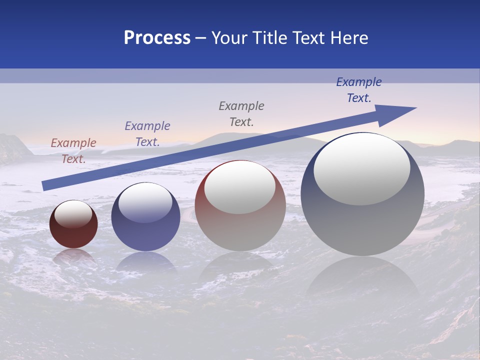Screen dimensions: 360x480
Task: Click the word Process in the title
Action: [157, 38]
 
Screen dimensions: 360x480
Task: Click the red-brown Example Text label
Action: [73, 150]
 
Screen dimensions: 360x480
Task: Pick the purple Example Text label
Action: [147, 133]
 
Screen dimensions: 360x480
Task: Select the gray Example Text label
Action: [241, 113]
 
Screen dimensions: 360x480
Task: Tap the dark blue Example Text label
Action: [359, 89]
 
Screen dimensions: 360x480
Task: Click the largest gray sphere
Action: [362, 225]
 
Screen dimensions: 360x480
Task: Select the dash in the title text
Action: [201, 38]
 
